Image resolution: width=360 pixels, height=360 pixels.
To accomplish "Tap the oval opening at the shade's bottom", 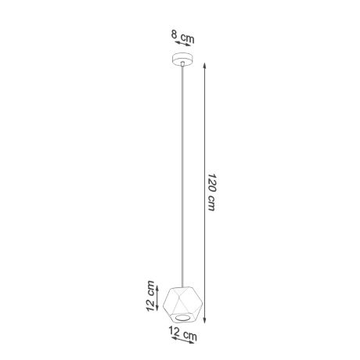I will click(x=182, y=315).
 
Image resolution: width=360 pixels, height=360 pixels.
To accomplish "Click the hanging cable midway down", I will click(x=182, y=172).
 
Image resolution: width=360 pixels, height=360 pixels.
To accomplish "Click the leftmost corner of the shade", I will click(x=165, y=301).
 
